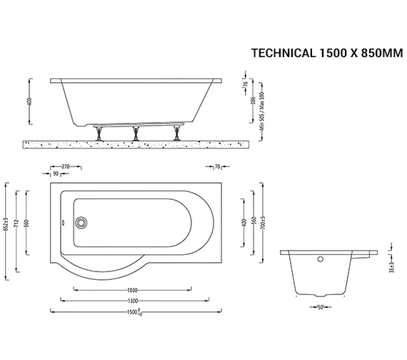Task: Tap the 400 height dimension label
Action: coord(29,102)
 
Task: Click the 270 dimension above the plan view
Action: coord(66,166)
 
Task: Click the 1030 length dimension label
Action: coord(131,290)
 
